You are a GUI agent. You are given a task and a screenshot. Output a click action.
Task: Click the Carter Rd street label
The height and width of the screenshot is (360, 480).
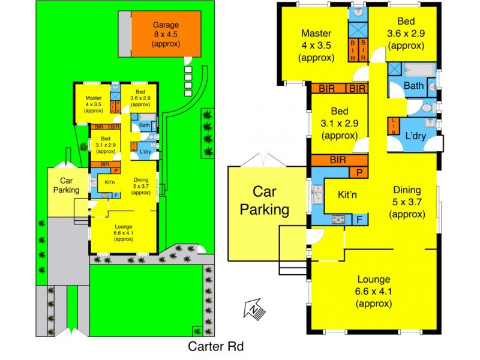[x=215, y=346]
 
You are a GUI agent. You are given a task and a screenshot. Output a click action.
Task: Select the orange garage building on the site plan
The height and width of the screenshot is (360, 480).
[x=166, y=34]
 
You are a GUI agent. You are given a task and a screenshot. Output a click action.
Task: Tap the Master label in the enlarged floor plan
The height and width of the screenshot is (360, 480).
[x=316, y=45]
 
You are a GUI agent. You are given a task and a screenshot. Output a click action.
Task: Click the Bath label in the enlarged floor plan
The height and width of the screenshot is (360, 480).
[x=413, y=86]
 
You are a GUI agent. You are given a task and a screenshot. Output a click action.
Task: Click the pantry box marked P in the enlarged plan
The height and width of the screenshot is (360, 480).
[x=359, y=173]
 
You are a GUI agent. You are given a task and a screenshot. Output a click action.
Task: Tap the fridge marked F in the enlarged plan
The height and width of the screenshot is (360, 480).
[x=359, y=219]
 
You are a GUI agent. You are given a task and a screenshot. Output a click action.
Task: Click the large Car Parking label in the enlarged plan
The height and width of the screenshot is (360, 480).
[x=264, y=201]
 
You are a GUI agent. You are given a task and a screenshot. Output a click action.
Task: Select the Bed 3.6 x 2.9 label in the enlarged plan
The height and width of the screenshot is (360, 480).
[x=403, y=37]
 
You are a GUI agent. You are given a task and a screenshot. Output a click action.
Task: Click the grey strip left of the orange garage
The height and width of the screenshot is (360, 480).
[x=124, y=34]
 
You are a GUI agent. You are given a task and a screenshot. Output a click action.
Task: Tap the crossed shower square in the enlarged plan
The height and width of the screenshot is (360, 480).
[x=359, y=29]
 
